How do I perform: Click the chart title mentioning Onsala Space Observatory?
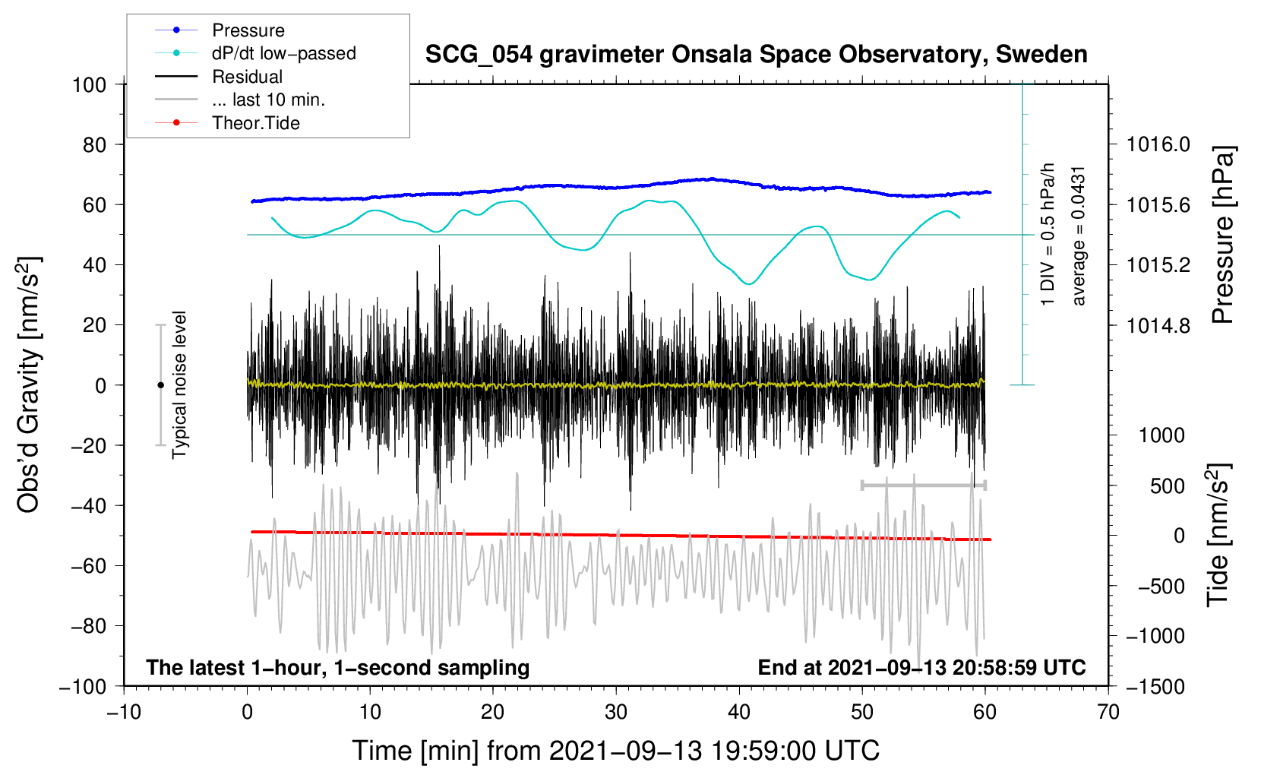click(756, 55)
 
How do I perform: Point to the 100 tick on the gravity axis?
click(89, 84)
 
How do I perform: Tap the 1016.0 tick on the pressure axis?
click(1158, 144)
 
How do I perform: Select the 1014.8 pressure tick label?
click(1158, 325)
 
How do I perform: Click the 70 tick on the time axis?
click(1108, 712)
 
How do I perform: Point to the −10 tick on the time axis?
click(124, 712)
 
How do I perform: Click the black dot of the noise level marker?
click(160, 385)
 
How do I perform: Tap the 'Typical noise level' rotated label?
click(179, 384)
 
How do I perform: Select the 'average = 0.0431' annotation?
click(1079, 236)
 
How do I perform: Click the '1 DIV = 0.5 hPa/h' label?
click(1048, 234)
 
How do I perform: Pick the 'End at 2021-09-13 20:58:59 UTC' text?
click(921, 667)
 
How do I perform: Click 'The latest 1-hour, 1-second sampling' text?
click(337, 667)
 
